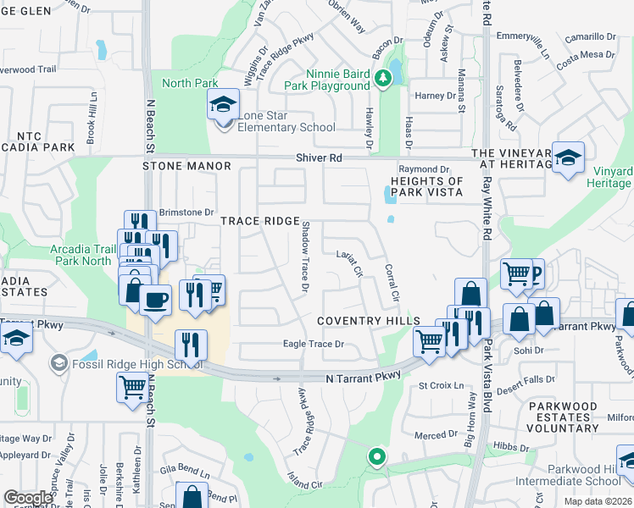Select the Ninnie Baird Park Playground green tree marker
[x=383, y=78]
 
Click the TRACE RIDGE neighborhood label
[x=260, y=221]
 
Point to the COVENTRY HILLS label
[x=369, y=322]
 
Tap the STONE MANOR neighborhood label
[x=186, y=167]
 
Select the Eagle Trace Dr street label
[x=313, y=344]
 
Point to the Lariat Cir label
[x=349, y=264]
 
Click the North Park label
[x=189, y=82]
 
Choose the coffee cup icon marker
[x=156, y=300]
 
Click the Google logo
[x=28, y=498]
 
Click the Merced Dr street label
[x=437, y=435]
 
